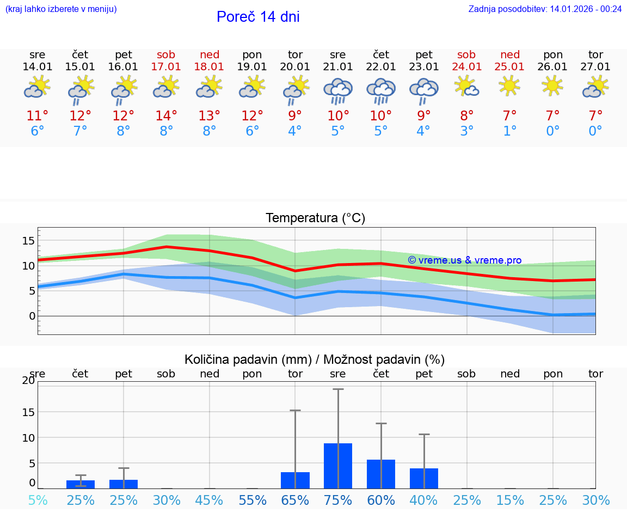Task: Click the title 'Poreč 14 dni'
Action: pos(258,17)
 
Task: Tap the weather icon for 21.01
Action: pos(338,90)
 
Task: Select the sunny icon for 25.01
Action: pos(509,86)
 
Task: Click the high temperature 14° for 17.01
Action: pos(166,115)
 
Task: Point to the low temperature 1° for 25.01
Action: pos(509,131)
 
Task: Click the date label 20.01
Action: pos(295,67)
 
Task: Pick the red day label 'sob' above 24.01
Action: pos(466,54)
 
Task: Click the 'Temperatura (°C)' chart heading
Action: pos(315,218)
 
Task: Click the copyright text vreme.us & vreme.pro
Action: pos(465,260)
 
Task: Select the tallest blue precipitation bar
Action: pos(338,466)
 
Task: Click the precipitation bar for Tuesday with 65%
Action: pos(295,480)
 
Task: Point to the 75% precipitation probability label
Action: pos(338,500)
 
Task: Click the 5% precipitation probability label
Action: pos(38,500)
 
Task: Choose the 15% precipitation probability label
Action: pos(509,500)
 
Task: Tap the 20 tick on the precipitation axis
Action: pos(28,381)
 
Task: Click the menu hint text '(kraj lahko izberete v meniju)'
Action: pos(61,9)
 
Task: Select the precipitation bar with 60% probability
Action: pos(381,474)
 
